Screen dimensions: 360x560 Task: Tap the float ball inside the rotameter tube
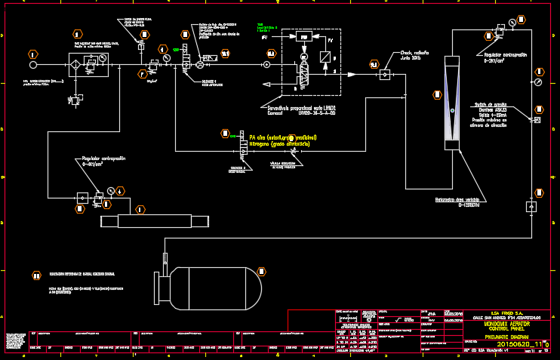[x=452, y=111]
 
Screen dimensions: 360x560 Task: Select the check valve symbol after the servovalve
[x=383, y=74]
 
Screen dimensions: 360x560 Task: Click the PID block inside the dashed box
[x=304, y=37]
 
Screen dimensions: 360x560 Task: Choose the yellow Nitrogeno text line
[x=279, y=143]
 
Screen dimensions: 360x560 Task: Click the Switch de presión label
[x=491, y=103]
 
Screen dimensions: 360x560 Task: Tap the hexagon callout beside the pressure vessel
[x=261, y=271]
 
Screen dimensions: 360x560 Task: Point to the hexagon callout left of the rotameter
[x=437, y=95]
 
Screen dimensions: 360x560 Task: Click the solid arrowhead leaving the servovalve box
[x=351, y=74]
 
